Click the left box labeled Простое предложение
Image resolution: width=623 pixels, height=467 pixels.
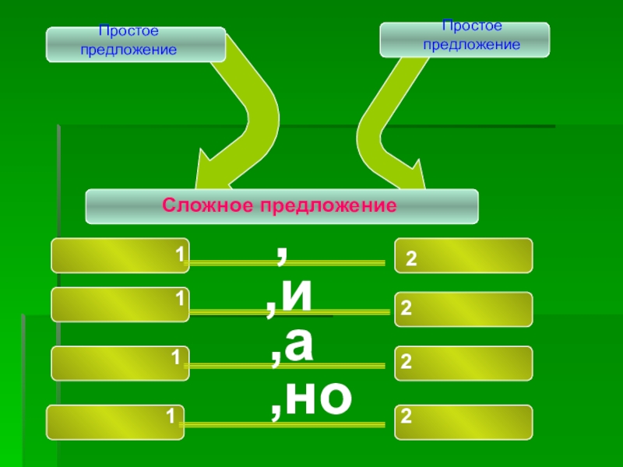pyautogui.click(x=136, y=44)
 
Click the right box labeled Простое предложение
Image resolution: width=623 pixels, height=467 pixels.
pyautogui.click(x=464, y=39)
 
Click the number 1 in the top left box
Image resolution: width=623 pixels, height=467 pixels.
pyautogui.click(x=179, y=255)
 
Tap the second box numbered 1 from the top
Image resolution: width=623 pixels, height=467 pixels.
pyautogui.click(x=120, y=304)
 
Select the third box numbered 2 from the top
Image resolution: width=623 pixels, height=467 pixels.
pyautogui.click(x=464, y=363)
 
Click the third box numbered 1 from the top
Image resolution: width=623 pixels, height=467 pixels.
pyautogui.click(x=120, y=363)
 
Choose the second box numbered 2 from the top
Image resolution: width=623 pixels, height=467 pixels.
pyautogui.click(x=464, y=309)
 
